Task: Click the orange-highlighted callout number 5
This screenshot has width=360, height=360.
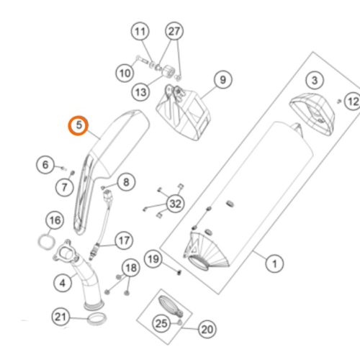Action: point(78,125)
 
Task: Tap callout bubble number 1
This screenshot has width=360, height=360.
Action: point(274,264)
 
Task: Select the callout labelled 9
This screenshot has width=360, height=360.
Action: point(223,79)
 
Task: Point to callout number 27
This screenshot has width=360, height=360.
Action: point(174,31)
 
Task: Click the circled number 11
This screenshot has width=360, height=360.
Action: point(140,32)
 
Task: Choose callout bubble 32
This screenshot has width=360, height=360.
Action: point(176,204)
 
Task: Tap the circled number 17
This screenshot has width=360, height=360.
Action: point(124,240)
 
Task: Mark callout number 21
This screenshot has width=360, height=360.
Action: point(60,317)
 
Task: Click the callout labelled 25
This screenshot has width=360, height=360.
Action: point(161,323)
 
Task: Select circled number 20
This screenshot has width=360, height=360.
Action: point(207,329)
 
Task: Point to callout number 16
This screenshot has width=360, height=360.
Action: point(55,220)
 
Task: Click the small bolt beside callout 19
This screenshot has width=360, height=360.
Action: point(179,272)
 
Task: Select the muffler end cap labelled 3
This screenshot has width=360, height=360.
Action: point(312,114)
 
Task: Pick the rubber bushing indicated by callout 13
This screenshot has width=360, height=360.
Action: point(168,71)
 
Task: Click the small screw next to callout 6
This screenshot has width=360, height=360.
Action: point(63,168)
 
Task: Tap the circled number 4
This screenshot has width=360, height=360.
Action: point(63,283)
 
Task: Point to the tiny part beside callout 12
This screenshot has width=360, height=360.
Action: point(339,102)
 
